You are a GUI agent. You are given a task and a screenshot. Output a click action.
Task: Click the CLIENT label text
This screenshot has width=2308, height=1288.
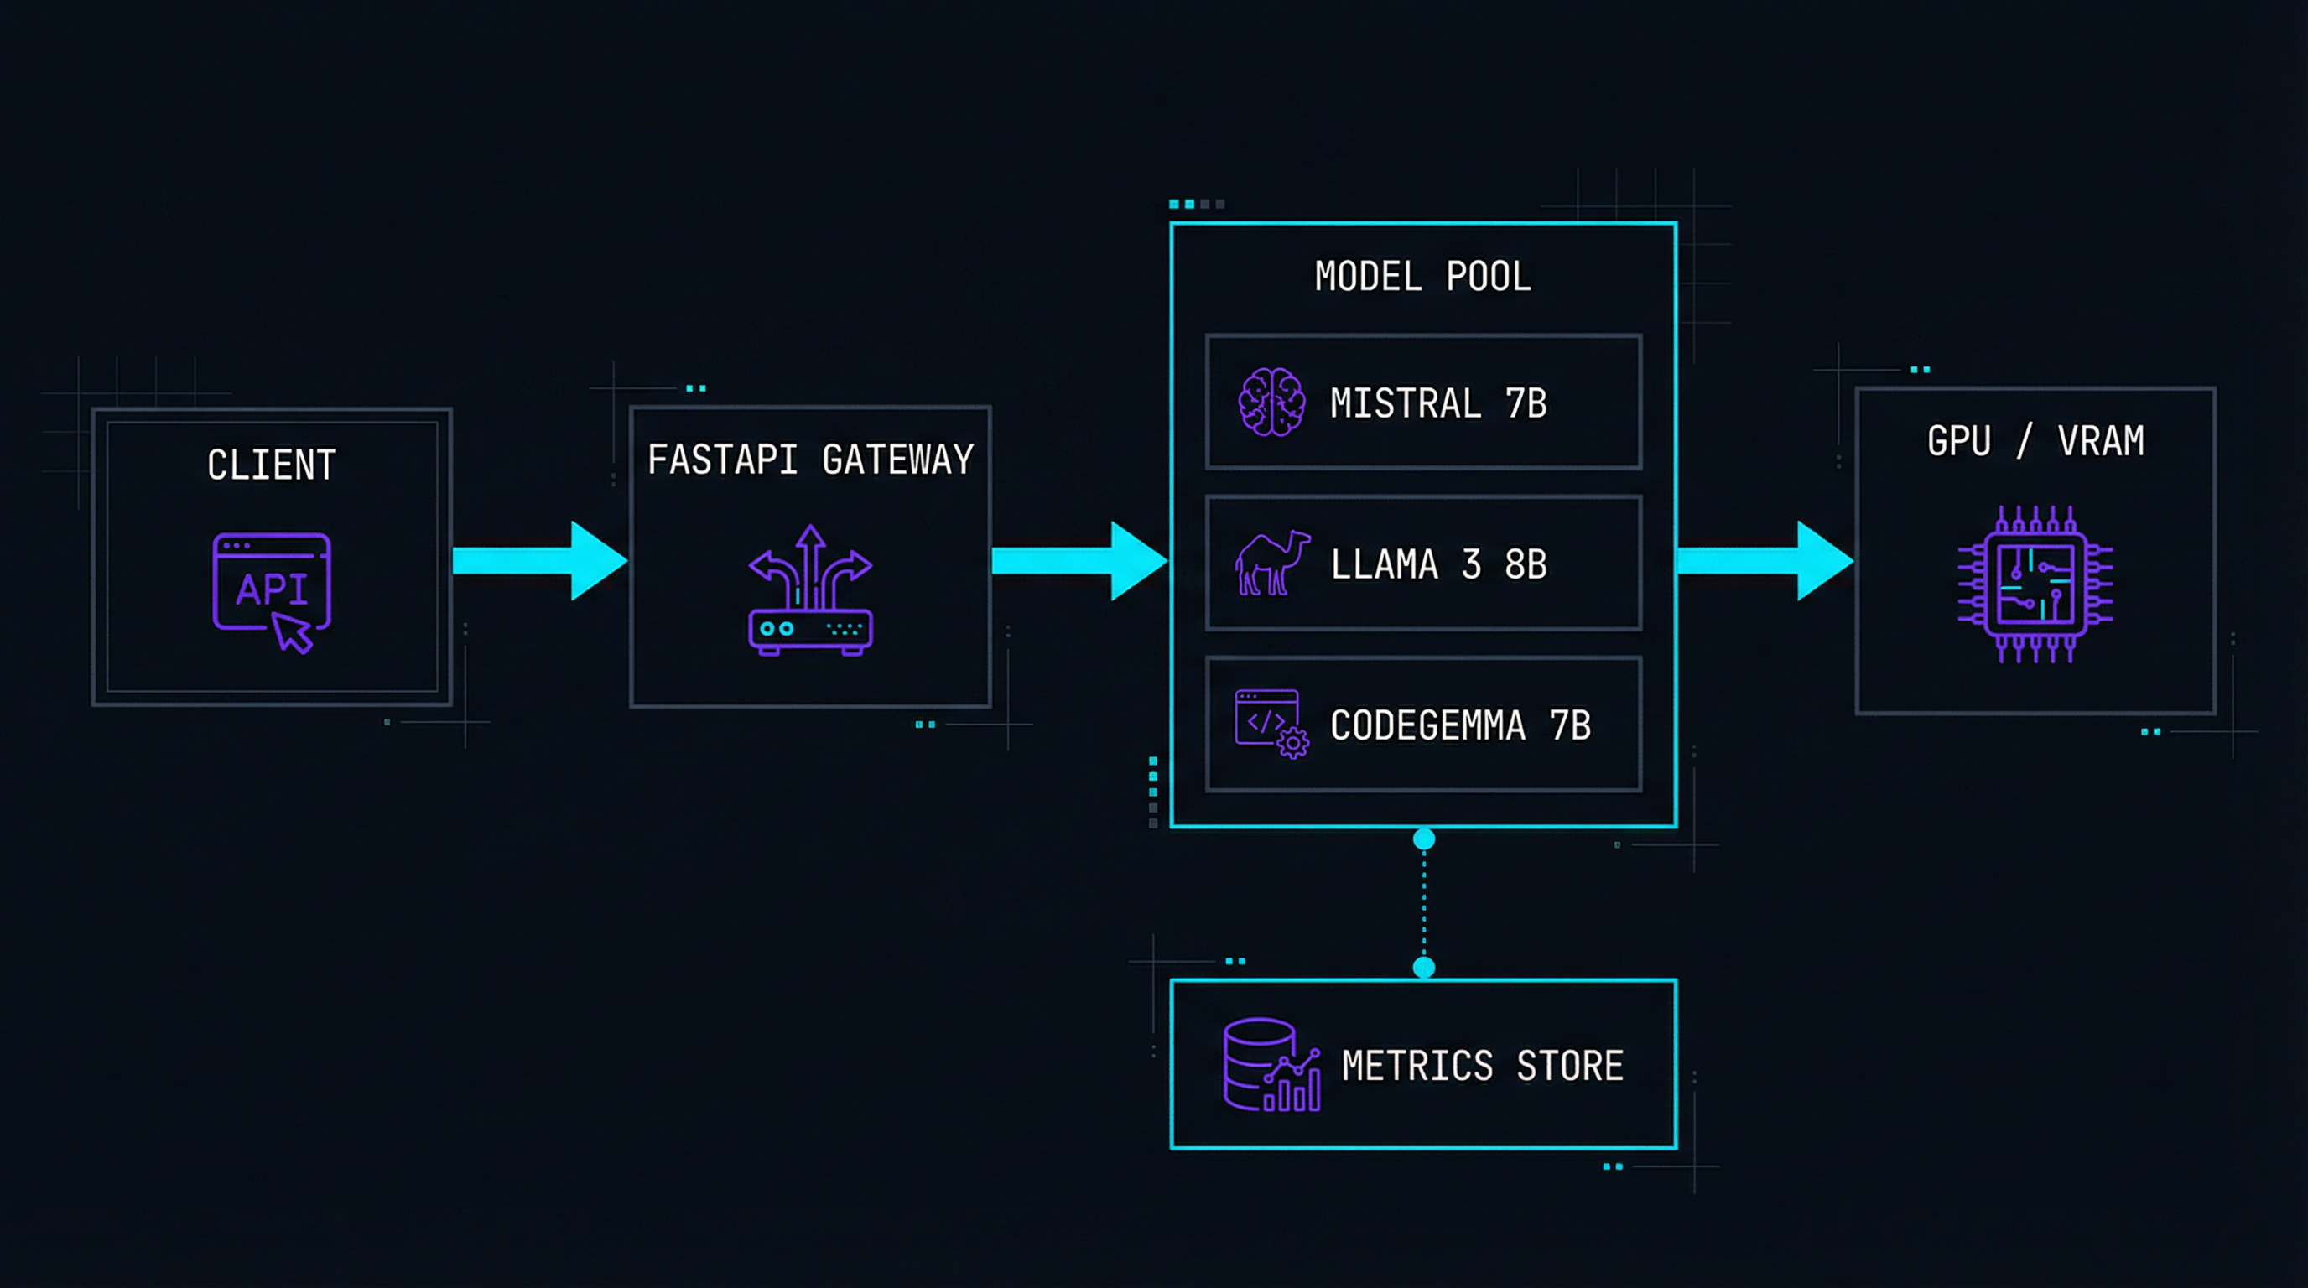tap(272, 465)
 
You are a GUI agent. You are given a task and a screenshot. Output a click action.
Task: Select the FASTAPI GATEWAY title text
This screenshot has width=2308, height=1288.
tap(810, 460)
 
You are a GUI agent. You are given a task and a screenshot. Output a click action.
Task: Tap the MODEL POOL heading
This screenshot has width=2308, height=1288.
tap(1422, 277)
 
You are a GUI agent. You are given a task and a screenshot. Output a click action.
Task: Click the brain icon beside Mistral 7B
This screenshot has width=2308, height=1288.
tap(1271, 402)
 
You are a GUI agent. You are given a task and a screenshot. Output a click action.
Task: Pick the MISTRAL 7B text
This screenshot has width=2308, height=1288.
tap(1438, 404)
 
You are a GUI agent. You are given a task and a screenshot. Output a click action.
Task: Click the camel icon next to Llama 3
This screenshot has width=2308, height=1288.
tap(1271, 563)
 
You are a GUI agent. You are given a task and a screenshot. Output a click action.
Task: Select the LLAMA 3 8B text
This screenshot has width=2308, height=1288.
tap(1438, 565)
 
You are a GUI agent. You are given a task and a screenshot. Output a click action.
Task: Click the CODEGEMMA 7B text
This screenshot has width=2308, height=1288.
tap(1459, 726)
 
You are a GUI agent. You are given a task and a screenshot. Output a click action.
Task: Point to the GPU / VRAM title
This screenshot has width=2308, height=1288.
tap(2035, 442)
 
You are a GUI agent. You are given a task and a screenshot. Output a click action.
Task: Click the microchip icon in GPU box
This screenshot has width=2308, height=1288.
tap(2035, 585)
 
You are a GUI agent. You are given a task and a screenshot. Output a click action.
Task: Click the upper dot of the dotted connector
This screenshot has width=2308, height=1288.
tap(1424, 839)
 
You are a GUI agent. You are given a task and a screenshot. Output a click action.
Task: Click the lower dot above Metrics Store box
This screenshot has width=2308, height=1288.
tap(1424, 968)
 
